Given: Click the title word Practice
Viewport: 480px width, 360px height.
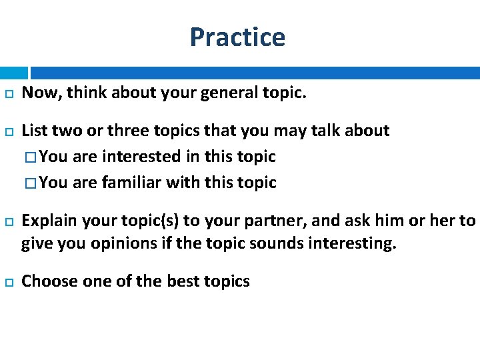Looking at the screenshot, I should (237, 37).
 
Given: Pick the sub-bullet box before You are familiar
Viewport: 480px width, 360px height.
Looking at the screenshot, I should (32, 183).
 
